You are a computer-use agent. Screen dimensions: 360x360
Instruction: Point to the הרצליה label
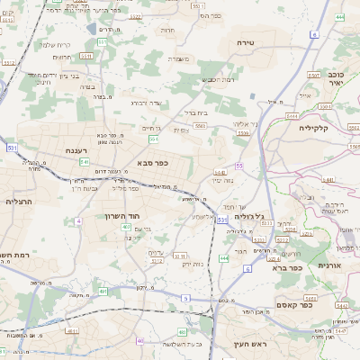pos(18,202)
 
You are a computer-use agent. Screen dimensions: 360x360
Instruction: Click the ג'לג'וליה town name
pos(248,217)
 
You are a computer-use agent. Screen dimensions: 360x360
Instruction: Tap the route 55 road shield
pos(239,166)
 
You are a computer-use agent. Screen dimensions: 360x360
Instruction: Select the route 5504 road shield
pos(243,133)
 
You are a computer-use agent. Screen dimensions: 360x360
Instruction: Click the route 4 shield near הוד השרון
pos(79,220)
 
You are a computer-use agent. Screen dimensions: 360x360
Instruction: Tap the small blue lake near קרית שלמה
pos(92,30)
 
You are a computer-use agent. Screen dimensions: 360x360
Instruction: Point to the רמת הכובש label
pos(219,80)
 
